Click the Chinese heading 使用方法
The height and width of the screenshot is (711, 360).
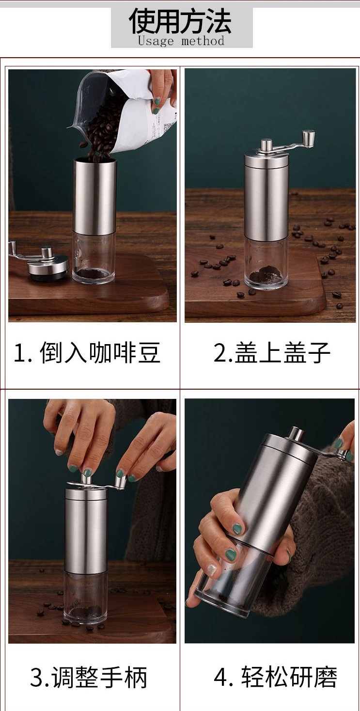[x=180, y=21]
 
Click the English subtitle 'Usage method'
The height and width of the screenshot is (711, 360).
[x=181, y=41]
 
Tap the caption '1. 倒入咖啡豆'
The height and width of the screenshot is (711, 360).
[x=87, y=352]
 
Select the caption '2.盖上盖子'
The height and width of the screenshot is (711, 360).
[x=272, y=352]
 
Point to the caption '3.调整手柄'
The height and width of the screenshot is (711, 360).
[x=89, y=677]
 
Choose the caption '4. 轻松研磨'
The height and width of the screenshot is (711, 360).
[x=276, y=677]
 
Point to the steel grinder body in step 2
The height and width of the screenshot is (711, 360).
[x=266, y=199]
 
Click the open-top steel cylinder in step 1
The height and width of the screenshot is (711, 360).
[x=94, y=194]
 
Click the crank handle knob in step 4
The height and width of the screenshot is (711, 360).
[x=344, y=455]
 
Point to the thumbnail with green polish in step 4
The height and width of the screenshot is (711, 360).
[x=236, y=528]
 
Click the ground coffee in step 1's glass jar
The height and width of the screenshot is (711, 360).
[x=94, y=274]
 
